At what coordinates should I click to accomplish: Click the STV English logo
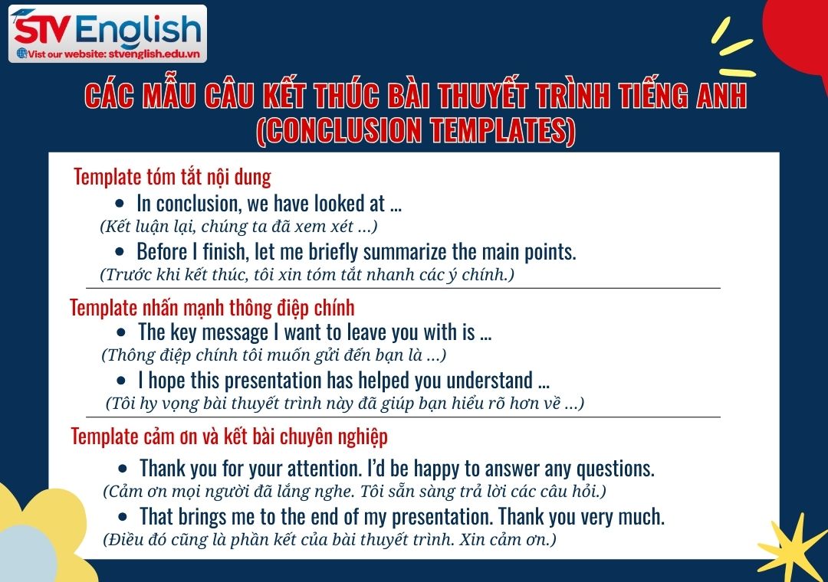[107, 28]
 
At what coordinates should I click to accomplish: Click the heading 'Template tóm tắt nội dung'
[172, 178]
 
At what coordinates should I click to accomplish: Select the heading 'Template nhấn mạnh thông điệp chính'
[212, 308]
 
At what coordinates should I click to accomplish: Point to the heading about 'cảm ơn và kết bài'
[229, 436]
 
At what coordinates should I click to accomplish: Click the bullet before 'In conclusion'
[119, 204]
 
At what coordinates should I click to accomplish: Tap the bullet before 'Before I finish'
[119, 252]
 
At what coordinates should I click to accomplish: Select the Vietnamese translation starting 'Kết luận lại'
[238, 227]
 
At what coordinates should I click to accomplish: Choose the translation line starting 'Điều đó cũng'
[330, 539]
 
